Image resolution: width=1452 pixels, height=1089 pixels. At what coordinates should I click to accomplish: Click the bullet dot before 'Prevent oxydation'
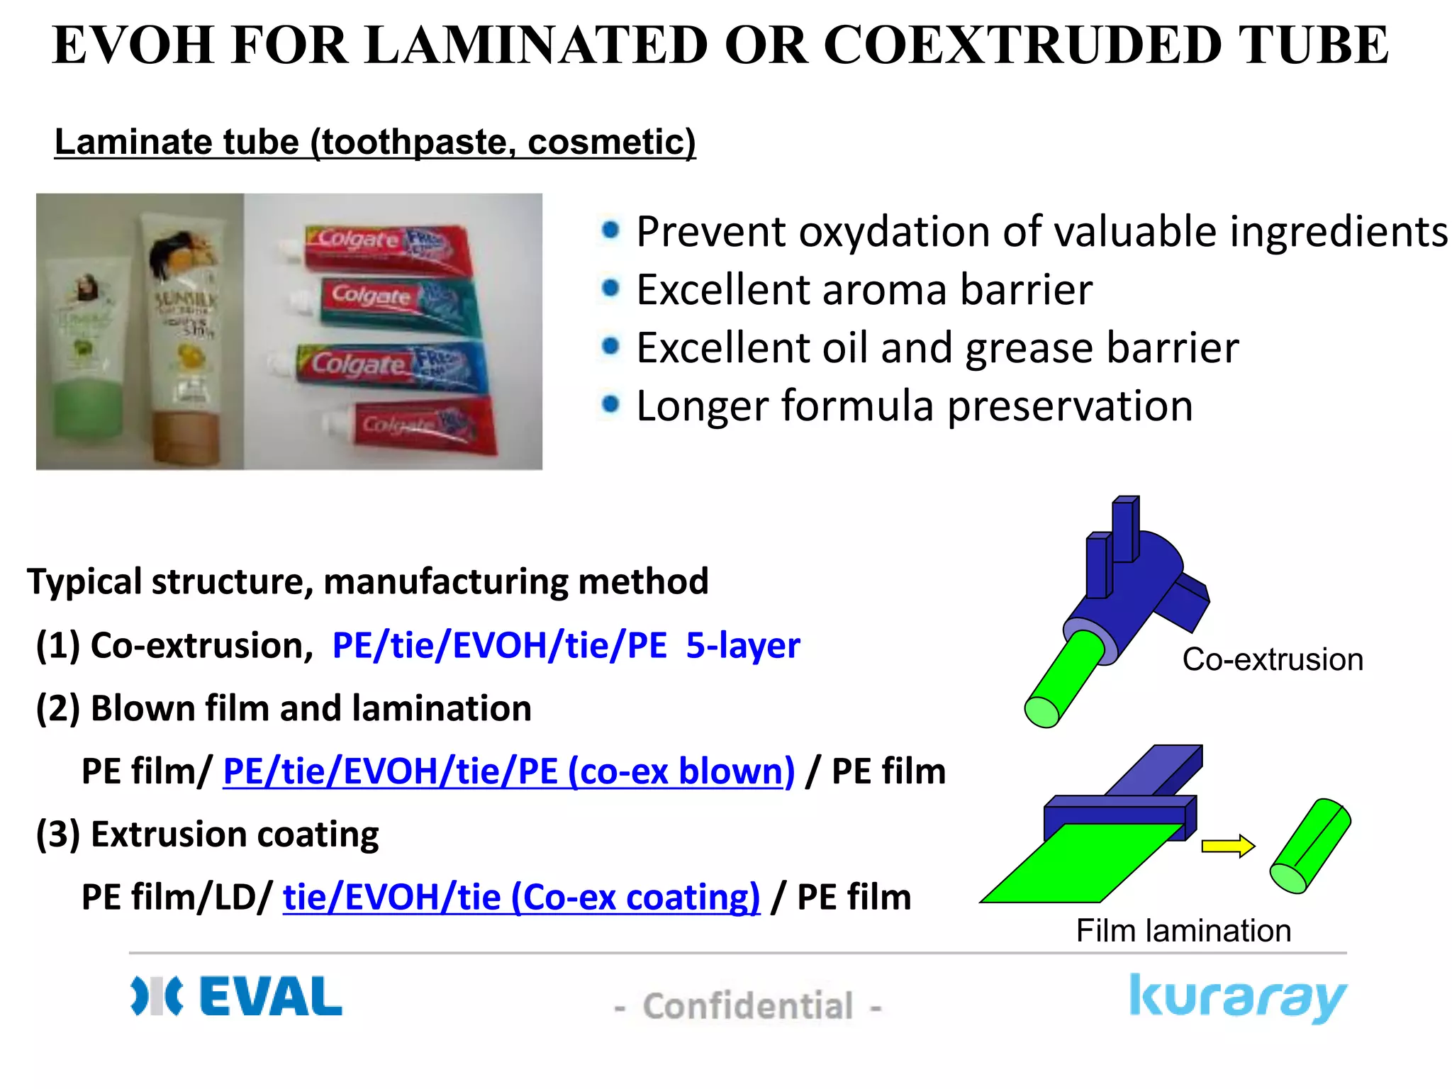pyautogui.click(x=610, y=230)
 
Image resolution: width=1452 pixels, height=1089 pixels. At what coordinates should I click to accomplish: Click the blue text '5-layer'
pyautogui.click(x=742, y=645)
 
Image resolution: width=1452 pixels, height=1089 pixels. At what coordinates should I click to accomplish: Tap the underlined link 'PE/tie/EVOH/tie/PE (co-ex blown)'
pyautogui.click(x=508, y=771)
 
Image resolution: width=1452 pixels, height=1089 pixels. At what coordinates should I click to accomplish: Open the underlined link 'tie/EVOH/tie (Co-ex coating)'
pyautogui.click(x=521, y=897)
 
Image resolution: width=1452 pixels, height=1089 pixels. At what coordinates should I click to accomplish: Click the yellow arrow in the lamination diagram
pyautogui.click(x=1227, y=846)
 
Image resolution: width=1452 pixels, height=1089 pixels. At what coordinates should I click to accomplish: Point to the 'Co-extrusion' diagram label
pyautogui.click(x=1273, y=659)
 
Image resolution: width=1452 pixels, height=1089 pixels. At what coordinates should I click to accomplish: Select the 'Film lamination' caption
pyautogui.click(x=1183, y=930)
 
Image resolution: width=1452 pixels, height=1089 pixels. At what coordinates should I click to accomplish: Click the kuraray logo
pyautogui.click(x=1237, y=998)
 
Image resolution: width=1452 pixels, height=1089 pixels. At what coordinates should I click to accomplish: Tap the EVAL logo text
pyautogui.click(x=271, y=996)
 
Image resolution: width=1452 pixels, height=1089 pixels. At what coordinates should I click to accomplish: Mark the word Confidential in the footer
pyautogui.click(x=748, y=1006)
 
